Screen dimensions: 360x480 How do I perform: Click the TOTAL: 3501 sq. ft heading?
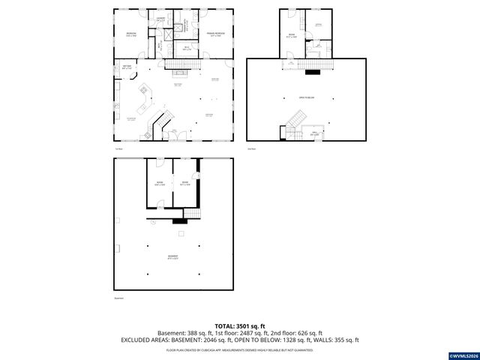239,326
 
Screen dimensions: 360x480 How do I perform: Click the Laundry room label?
161,19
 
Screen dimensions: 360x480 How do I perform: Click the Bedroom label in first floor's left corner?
132,34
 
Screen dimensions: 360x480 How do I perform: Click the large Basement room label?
173,257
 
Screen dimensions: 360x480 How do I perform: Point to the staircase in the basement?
194,214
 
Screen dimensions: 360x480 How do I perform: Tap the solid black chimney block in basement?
180,220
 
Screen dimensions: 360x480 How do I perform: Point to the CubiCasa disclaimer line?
239,349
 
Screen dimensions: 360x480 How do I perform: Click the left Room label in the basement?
160,184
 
